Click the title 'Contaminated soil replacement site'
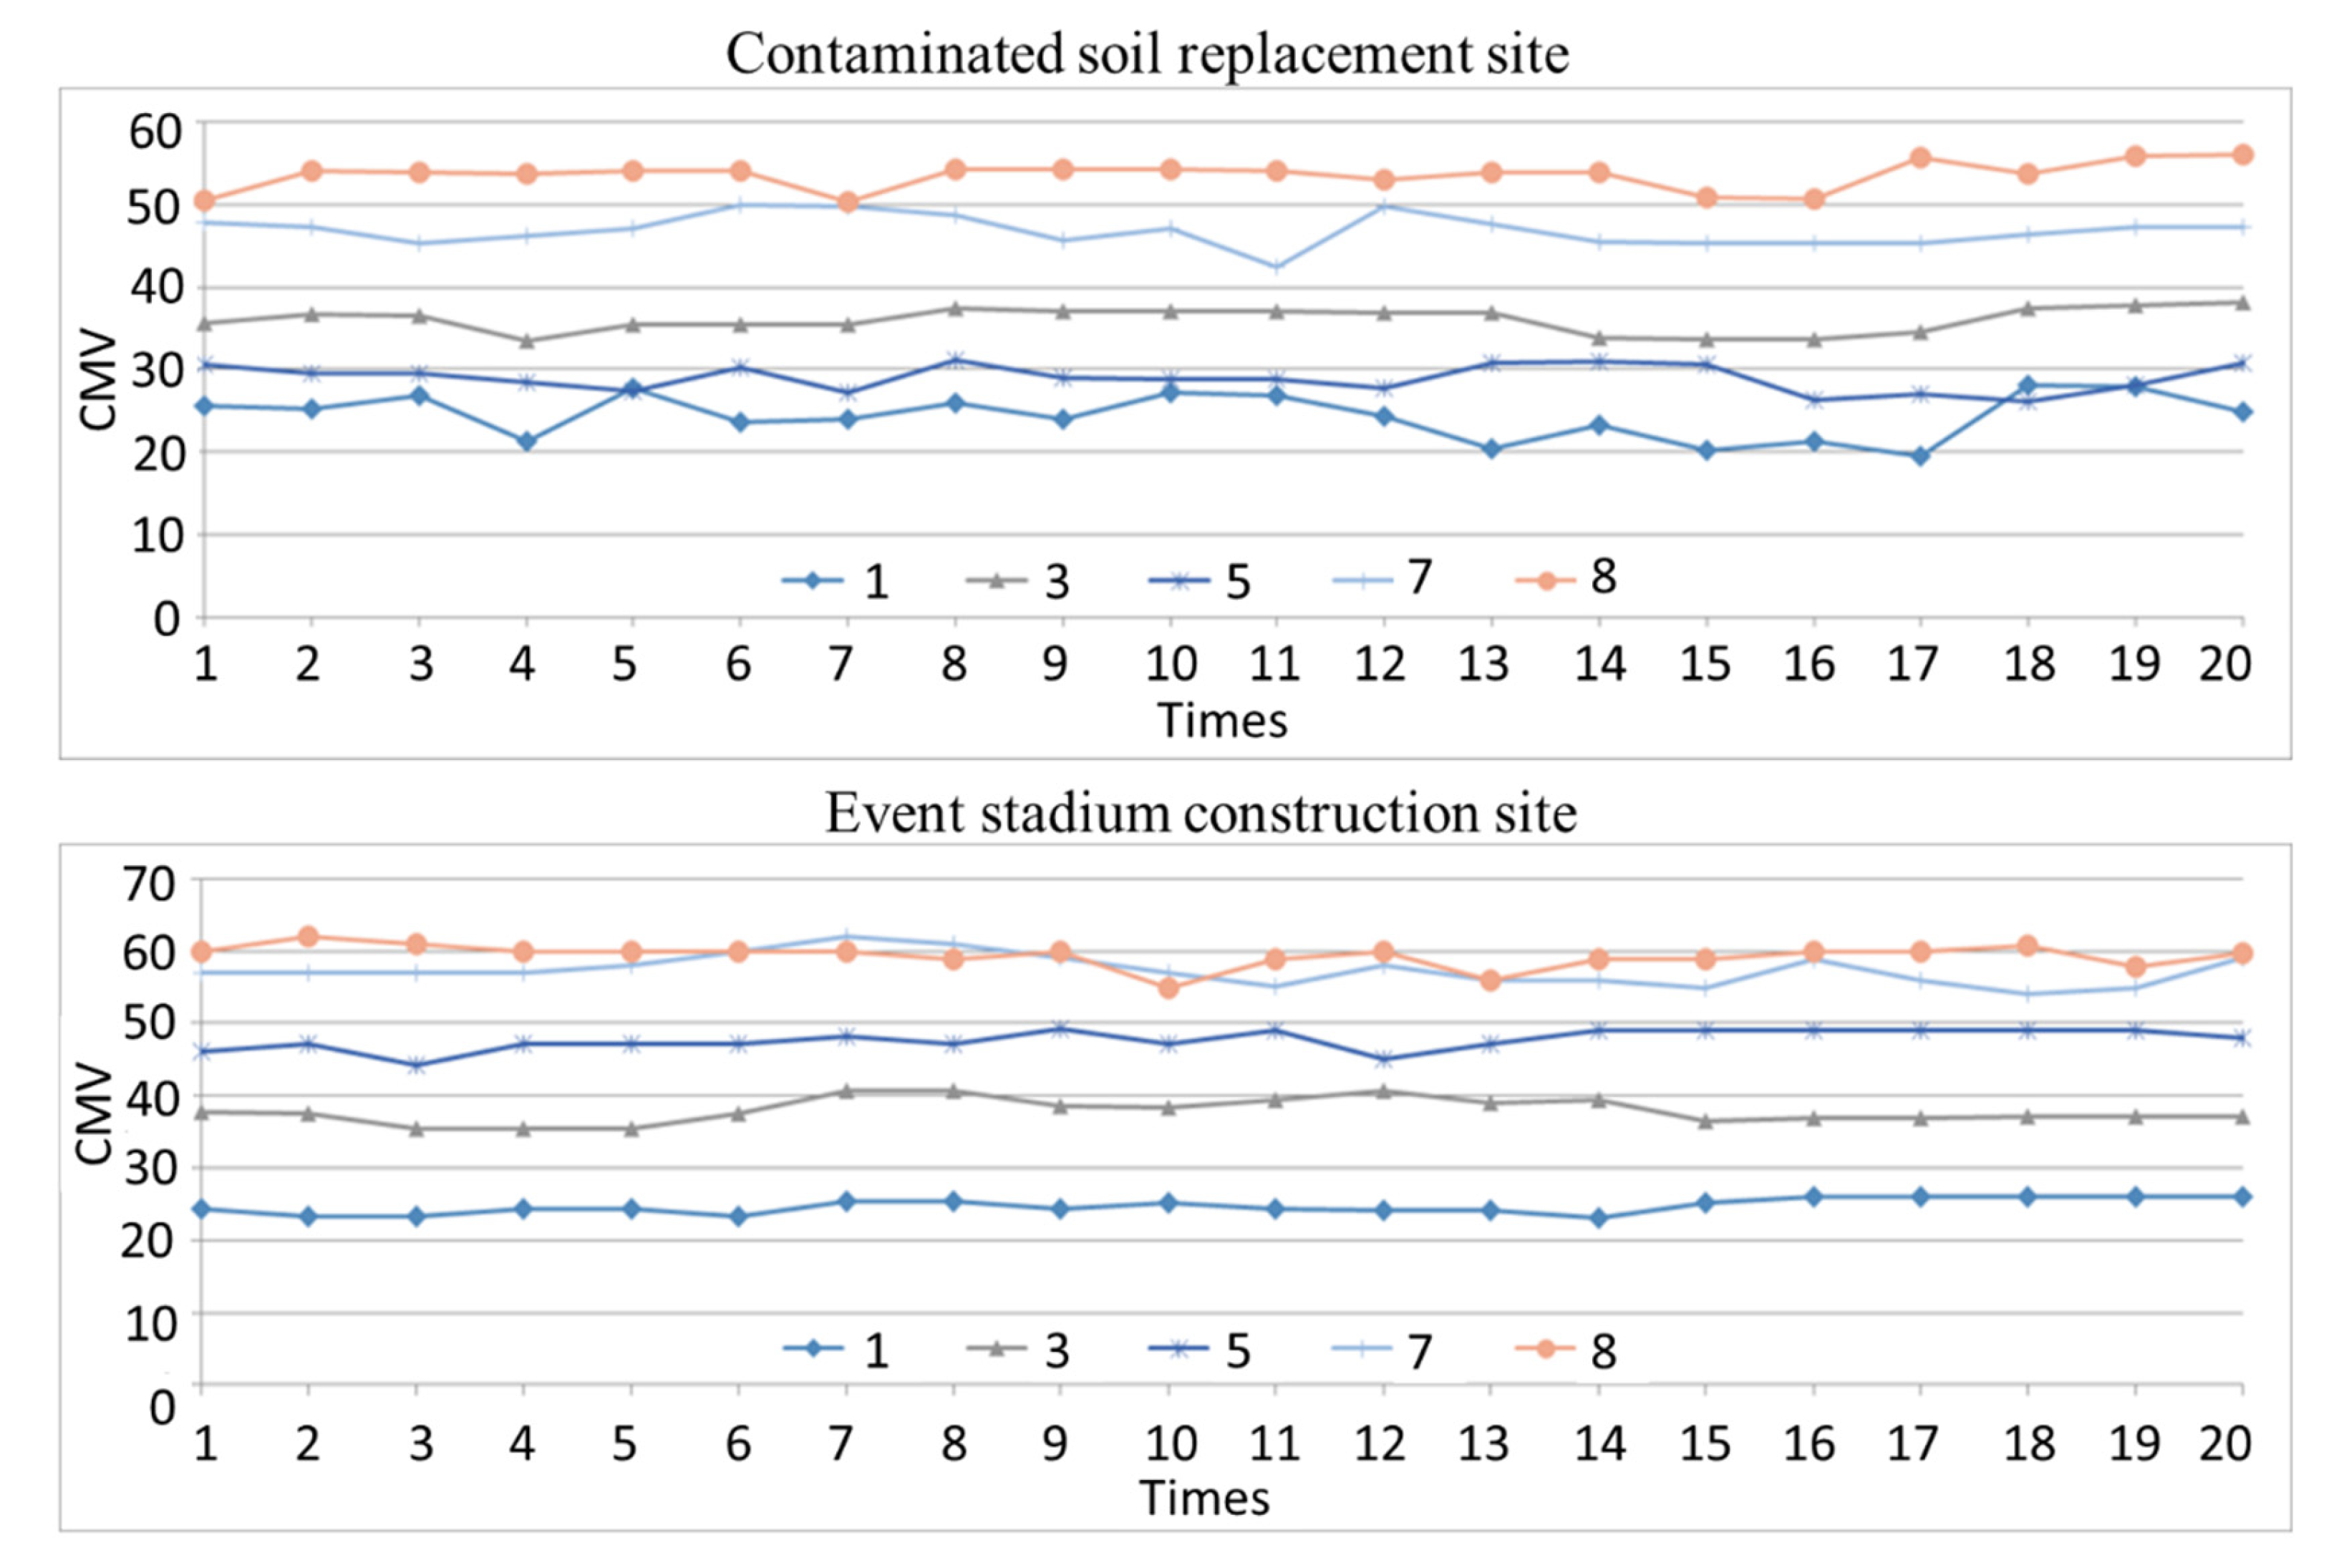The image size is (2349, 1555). pos(1147,54)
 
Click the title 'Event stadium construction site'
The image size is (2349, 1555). pos(1201,813)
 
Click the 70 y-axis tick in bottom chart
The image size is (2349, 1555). pos(149,882)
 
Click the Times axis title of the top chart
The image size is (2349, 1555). pos(1221,720)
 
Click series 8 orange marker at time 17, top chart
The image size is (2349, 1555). pos(1919,157)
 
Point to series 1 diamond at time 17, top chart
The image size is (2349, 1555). pos(1919,456)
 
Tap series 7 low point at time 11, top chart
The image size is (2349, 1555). pos(1276,267)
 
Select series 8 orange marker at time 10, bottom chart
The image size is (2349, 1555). pos(1168,988)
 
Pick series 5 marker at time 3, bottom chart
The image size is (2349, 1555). pos(417,1065)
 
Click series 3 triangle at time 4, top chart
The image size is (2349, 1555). pos(526,341)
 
